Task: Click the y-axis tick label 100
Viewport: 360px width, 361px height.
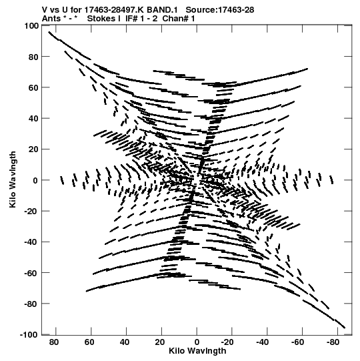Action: point(31,25)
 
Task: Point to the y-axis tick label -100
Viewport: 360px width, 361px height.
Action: point(29,334)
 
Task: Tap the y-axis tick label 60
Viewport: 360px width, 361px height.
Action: point(33,87)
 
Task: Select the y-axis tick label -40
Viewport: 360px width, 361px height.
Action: point(31,242)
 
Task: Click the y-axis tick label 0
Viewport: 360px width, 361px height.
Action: point(35,180)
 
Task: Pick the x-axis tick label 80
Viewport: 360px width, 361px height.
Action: point(54,342)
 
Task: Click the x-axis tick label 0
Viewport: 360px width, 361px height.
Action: point(197,342)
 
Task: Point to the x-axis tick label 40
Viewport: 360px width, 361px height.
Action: point(125,342)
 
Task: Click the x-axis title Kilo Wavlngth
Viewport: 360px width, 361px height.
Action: point(197,351)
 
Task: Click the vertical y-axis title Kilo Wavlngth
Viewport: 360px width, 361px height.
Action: point(13,179)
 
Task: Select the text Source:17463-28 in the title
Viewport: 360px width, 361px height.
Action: point(220,10)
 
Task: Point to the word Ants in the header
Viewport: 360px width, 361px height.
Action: point(51,19)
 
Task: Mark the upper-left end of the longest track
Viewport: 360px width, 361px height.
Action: point(49,32)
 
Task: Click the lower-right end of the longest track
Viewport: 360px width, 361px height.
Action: point(345,328)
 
